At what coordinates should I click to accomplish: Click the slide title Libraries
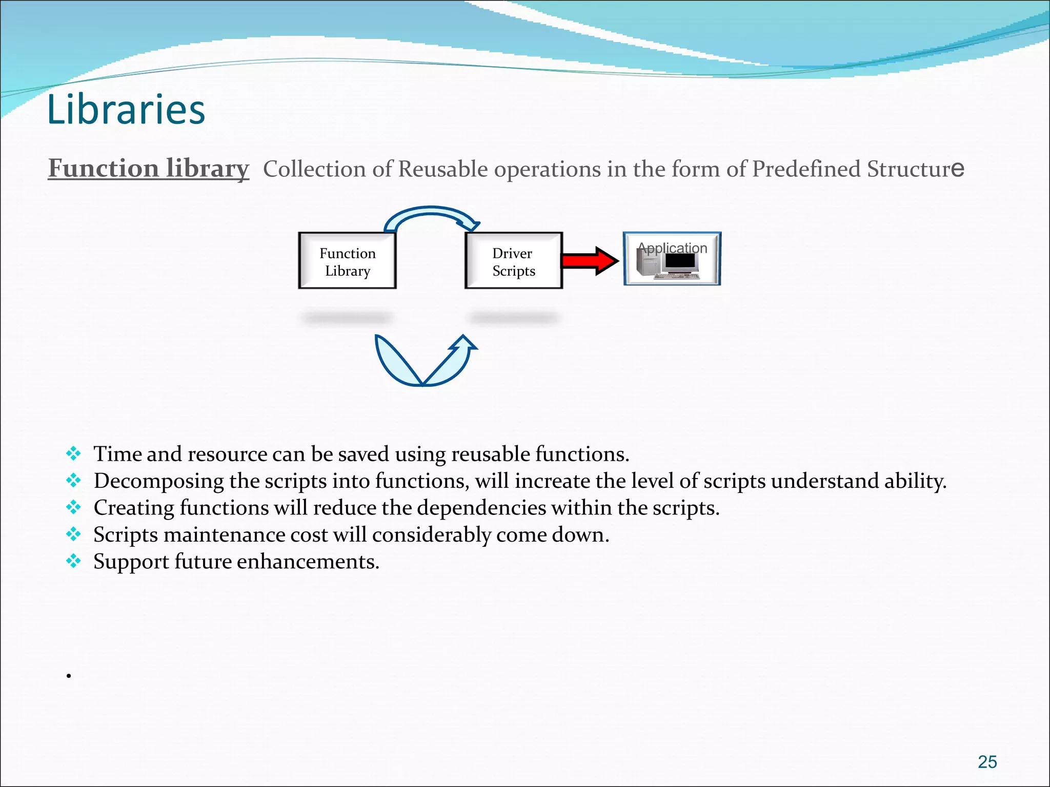[126, 110]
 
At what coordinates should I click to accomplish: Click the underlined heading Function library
[149, 168]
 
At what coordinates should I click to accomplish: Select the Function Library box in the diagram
[348, 261]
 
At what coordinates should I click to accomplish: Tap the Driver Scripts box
[513, 261]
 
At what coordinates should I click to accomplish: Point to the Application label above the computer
[672, 248]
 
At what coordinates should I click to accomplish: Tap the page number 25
[987, 762]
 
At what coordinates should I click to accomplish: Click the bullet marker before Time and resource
[74, 453]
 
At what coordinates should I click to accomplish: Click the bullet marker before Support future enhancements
[74, 561]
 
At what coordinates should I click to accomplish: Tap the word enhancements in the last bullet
[307, 562]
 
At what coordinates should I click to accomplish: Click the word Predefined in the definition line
[806, 169]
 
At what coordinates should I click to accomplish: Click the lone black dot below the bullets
[68, 676]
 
